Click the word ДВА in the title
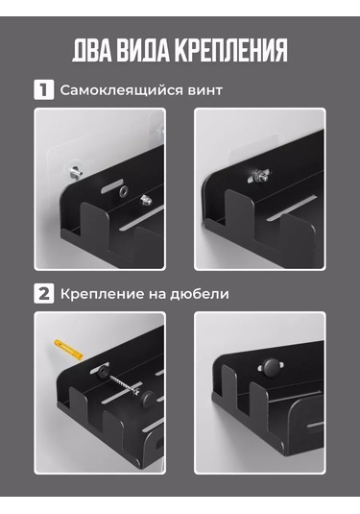[92, 50]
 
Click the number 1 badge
[43, 89]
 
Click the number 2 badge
[43, 293]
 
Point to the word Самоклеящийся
[121, 90]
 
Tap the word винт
[205, 91]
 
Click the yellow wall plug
[68, 349]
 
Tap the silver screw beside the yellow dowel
[126, 385]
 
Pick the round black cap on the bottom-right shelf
[272, 366]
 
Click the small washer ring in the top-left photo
[124, 190]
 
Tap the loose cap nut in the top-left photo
[146, 200]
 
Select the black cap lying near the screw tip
[148, 399]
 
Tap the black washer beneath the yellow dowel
[103, 371]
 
